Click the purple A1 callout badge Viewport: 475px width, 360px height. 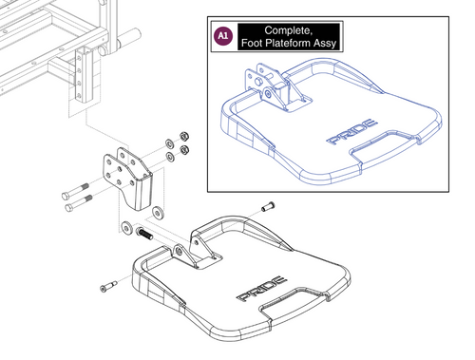point(223,37)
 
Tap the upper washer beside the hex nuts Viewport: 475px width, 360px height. point(168,139)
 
